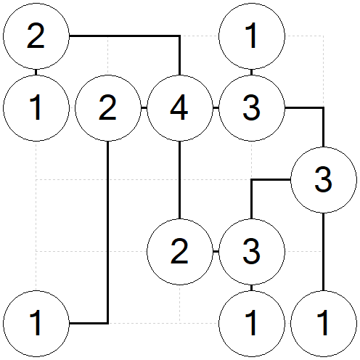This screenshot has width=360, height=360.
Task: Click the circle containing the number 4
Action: pyautogui.click(x=180, y=108)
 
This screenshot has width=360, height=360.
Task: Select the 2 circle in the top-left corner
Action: pyautogui.click(x=36, y=36)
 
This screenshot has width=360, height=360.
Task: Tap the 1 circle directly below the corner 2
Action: pyautogui.click(x=36, y=108)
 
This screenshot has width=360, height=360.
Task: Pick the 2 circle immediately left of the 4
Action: pyautogui.click(x=108, y=108)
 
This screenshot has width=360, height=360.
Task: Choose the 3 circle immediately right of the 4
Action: pyautogui.click(x=252, y=108)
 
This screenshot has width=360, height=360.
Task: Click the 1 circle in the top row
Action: pyautogui.click(x=252, y=36)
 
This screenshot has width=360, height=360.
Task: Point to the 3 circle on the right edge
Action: pyautogui.click(x=324, y=180)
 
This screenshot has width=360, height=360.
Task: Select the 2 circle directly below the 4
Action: pyautogui.click(x=180, y=252)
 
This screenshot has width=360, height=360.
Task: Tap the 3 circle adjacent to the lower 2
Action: pyautogui.click(x=252, y=252)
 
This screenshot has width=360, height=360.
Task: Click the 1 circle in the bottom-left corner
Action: pyautogui.click(x=36, y=324)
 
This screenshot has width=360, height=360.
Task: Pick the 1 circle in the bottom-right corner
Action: pyautogui.click(x=324, y=324)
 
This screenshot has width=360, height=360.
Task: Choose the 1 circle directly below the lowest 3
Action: pyautogui.click(x=252, y=324)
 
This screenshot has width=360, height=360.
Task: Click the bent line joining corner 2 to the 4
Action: pyautogui.click(x=145, y=36)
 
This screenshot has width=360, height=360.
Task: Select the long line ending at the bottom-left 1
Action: pyautogui.click(x=108, y=242)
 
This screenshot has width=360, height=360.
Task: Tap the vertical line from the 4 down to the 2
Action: pyautogui.click(x=180, y=180)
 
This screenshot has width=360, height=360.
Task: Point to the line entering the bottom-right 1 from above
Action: pyautogui.click(x=324, y=252)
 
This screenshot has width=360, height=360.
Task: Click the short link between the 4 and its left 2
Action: pyautogui.click(x=144, y=108)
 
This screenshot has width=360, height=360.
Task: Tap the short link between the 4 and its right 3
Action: pyautogui.click(x=216, y=108)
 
